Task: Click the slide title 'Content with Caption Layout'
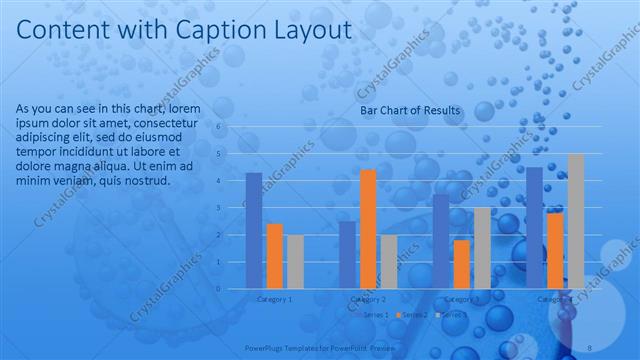tap(185, 31)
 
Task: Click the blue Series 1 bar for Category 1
tap(254, 230)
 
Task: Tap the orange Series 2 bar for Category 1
tap(274, 256)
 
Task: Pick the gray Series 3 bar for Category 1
tap(294, 261)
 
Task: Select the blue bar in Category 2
tap(346, 255)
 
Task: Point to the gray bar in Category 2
tap(388, 261)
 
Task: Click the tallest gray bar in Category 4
tap(575, 221)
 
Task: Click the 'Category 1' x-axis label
tap(274, 299)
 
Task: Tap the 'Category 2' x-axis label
tap(367, 299)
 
